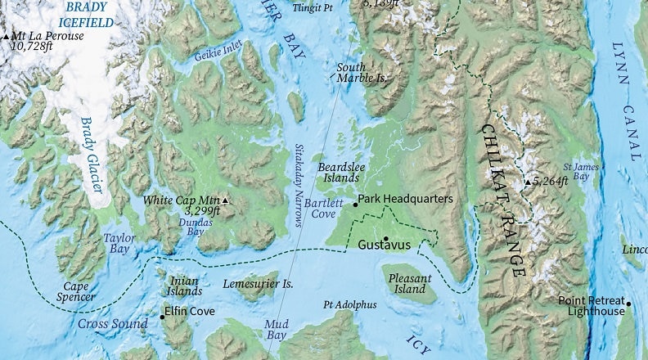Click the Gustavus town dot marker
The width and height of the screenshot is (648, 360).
tap(386, 239)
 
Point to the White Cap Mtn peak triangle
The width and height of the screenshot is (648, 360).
tap(226, 200)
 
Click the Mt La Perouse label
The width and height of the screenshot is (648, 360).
tap(46, 37)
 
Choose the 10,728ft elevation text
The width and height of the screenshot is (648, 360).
tap(34, 47)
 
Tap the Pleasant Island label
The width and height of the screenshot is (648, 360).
tap(410, 284)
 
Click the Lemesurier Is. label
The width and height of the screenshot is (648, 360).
tap(258, 284)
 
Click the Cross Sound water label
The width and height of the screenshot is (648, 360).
tap(110, 323)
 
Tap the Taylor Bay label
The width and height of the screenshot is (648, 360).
tap(119, 242)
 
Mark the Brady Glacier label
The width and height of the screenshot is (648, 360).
tap(92, 155)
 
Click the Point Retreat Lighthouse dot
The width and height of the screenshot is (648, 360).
tap(629, 308)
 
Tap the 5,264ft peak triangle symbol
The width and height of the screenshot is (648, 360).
tap(529, 182)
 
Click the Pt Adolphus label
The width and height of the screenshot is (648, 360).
tap(350, 304)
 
